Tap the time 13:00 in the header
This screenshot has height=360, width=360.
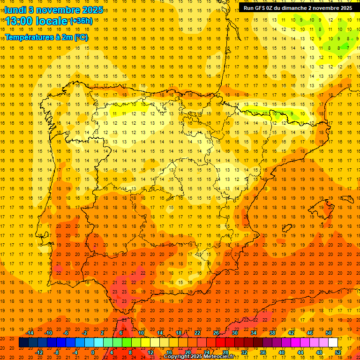tap(20, 21)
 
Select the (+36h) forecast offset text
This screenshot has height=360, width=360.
tap(81, 21)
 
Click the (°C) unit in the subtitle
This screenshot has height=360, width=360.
tap(81, 37)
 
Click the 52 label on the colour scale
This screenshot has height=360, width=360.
tap(338, 352)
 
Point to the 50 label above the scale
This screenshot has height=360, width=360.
tap(329, 333)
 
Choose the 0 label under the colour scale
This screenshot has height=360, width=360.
tap(93, 352)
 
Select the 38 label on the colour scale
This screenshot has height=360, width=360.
tap(272, 333)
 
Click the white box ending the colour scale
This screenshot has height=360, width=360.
tap(333, 343)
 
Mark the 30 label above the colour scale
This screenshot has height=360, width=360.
tap(234, 333)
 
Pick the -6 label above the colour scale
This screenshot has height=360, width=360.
tap(66, 333)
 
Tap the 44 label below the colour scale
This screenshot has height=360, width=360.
tap(300, 352)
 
